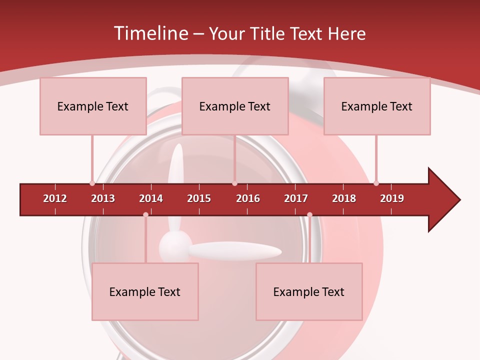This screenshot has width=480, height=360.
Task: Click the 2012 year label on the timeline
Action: [x=55, y=198]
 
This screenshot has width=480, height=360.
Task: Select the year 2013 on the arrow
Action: [x=103, y=198]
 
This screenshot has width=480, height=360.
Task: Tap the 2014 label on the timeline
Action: [x=151, y=198]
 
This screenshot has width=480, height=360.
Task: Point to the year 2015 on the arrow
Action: [x=199, y=198]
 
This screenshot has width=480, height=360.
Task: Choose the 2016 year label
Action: [x=248, y=198]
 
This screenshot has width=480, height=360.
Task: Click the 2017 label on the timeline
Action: [x=296, y=198]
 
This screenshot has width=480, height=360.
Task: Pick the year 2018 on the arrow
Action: [x=344, y=198]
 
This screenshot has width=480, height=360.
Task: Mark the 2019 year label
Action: [x=392, y=198]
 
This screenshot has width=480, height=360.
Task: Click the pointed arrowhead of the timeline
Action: [x=445, y=200]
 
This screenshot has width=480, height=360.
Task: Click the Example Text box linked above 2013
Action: [x=93, y=106]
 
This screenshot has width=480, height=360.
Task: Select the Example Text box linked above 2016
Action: [x=235, y=106]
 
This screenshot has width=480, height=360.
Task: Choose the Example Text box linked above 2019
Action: [x=377, y=106]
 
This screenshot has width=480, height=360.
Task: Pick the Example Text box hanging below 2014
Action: [x=145, y=291]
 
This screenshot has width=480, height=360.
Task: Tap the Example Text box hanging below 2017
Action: [x=309, y=291]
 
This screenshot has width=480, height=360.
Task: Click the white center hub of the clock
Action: [x=175, y=246]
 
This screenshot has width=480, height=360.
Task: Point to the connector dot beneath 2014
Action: [x=145, y=214]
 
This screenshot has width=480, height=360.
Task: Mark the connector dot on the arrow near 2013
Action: [x=92, y=183]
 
